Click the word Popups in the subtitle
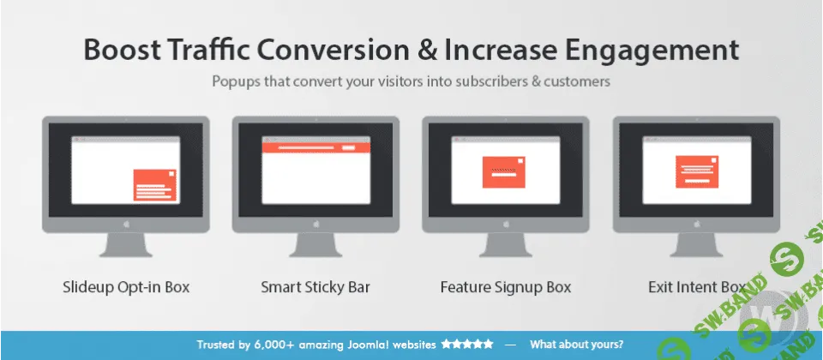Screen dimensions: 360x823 [239, 83]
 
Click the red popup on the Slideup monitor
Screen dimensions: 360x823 [155, 185]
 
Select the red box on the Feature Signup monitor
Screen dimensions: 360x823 [503, 171]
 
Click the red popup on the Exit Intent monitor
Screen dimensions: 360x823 [696, 171]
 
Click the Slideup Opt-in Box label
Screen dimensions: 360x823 [126, 287]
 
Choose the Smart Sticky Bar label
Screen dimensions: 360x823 [315, 287]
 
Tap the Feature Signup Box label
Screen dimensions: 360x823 [505, 287]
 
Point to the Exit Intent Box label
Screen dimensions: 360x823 [696, 287]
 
